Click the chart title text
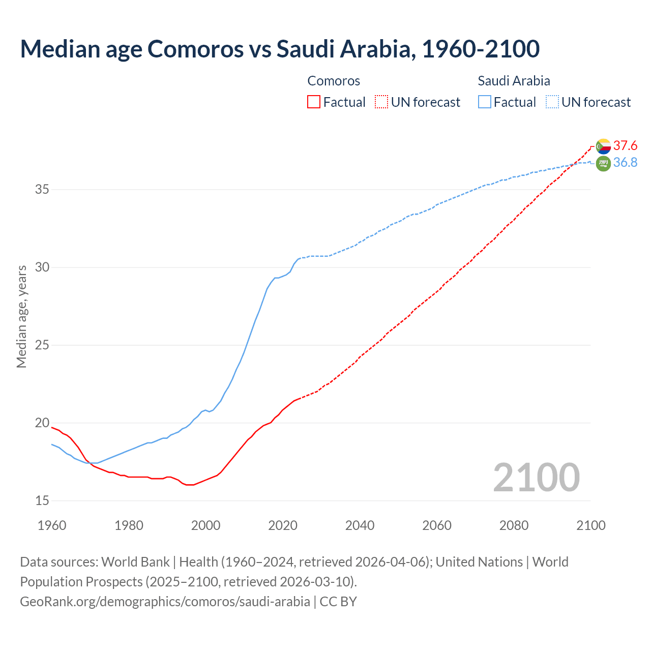tap(279, 49)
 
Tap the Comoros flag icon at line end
tap(603, 146)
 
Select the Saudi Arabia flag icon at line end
tap(603, 164)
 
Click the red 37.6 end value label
tap(625, 146)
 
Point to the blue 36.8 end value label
tap(625, 162)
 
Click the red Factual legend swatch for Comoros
tap(314, 102)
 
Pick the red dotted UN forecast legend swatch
tap(381, 102)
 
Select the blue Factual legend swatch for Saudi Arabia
tap(485, 102)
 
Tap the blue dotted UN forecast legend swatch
tap(552, 102)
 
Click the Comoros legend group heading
tap(334, 81)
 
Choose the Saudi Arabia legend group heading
tap(514, 81)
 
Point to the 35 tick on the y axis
tap(42, 190)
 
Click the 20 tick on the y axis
tap(42, 423)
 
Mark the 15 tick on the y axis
tap(42, 500)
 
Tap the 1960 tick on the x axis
tap(52, 525)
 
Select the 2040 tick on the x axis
tap(360, 525)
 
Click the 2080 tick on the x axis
tap(514, 525)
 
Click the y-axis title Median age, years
tap(21, 316)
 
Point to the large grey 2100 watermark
tap(536, 477)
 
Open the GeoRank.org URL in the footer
tap(165, 601)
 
